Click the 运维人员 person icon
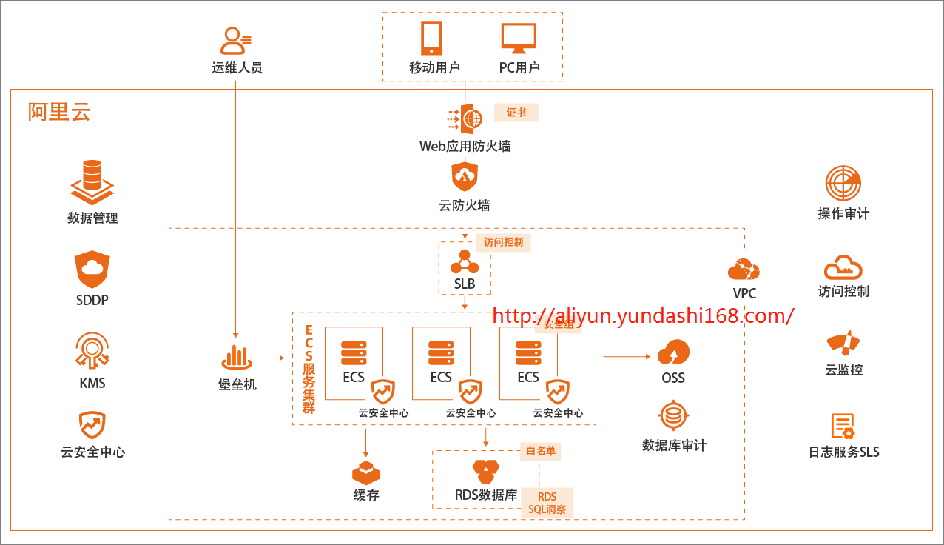(237, 41)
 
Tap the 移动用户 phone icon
(431, 38)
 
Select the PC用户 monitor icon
(519, 39)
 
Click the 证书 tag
(516, 113)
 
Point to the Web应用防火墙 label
(465, 146)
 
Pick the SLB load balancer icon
(465, 261)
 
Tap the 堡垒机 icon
(237, 358)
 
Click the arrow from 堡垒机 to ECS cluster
(271, 358)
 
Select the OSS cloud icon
(673, 352)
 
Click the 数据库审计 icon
(673, 417)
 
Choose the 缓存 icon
(365, 472)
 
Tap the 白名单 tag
(540, 451)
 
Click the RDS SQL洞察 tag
(547, 503)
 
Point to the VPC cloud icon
(744, 270)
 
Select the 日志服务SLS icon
(843, 427)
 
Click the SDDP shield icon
(92, 270)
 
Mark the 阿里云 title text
(59, 112)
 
